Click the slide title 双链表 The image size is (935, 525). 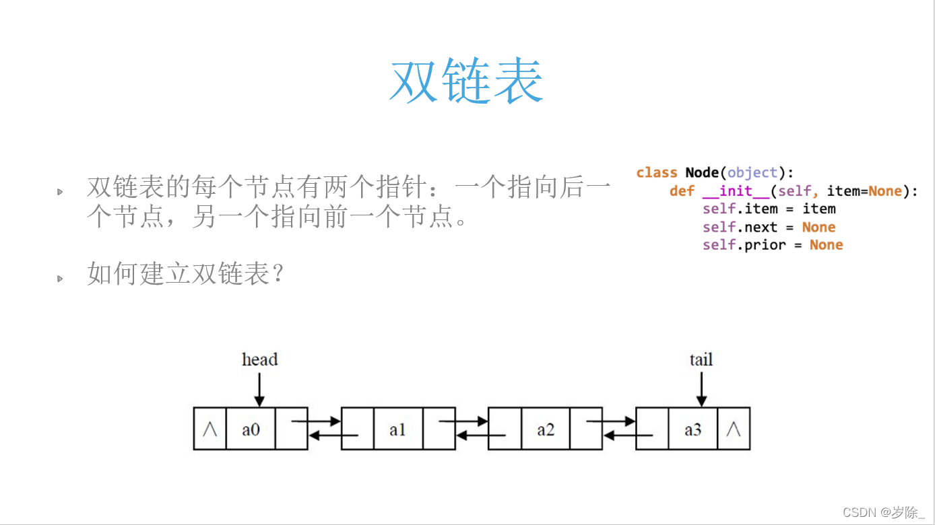tap(466, 81)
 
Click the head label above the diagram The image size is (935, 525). tap(259, 359)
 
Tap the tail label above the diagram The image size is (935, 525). tap(701, 359)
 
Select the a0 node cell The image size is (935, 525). tap(251, 429)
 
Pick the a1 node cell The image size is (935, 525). tap(397, 429)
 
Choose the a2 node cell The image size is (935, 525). tap(545, 429)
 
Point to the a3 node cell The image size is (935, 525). tap(692, 429)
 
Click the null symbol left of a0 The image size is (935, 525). tap(209, 429)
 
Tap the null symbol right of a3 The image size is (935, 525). tap(734, 429)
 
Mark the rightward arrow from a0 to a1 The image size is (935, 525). tap(317, 422)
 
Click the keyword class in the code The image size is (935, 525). tap(656, 173)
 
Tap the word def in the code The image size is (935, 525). tap(682, 191)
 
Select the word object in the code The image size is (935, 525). tap(752, 173)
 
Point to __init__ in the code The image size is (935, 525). tap(736, 191)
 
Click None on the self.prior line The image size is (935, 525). tap(826, 245)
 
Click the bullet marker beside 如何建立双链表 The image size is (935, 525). tap(60, 278)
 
